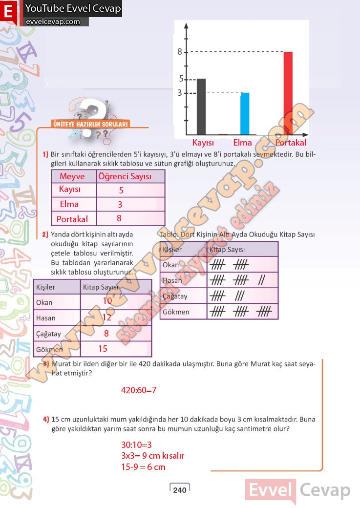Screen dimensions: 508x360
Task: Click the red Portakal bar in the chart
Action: pos(288,93)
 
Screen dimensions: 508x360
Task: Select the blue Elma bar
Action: pos(245,113)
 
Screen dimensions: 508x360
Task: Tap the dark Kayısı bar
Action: pos(201,106)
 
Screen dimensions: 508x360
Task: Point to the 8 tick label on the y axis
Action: pos(180,51)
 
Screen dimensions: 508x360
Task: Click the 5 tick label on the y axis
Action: pos(181,79)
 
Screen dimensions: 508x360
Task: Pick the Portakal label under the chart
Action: pos(291,143)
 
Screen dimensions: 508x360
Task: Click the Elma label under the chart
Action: pos(242,143)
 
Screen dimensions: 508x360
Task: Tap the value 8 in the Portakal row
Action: pos(119,218)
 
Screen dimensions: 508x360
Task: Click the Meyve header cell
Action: pos(72,176)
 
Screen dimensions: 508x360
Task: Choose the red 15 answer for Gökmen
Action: pos(103,349)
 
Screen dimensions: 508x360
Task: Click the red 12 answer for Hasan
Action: pos(107,317)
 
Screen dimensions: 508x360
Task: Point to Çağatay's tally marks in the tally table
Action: pos(226,296)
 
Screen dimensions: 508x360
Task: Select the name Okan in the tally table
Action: pos(171,265)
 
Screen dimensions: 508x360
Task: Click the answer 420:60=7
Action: pos(138,390)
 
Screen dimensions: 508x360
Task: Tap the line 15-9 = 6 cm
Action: pos(144,467)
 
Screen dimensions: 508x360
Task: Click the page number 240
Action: pos(180,490)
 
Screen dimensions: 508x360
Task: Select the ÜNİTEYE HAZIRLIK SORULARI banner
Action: pos(90,125)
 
